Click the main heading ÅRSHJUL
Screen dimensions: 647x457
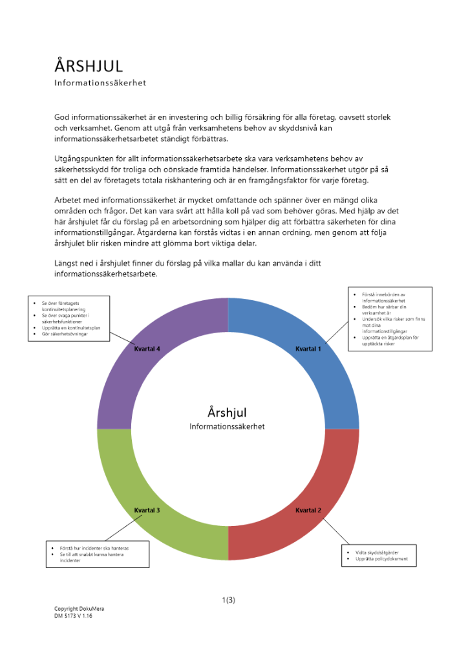point(88,66)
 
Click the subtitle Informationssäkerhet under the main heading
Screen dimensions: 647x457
point(100,83)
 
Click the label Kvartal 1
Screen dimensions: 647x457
point(308,349)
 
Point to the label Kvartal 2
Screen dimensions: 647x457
point(308,510)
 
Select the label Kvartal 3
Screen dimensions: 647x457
point(147,510)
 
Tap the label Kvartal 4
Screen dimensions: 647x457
point(147,349)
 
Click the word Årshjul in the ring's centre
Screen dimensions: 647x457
point(227,412)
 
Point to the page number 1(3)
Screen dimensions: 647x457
point(228,600)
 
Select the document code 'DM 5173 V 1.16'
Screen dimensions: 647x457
point(73,616)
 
